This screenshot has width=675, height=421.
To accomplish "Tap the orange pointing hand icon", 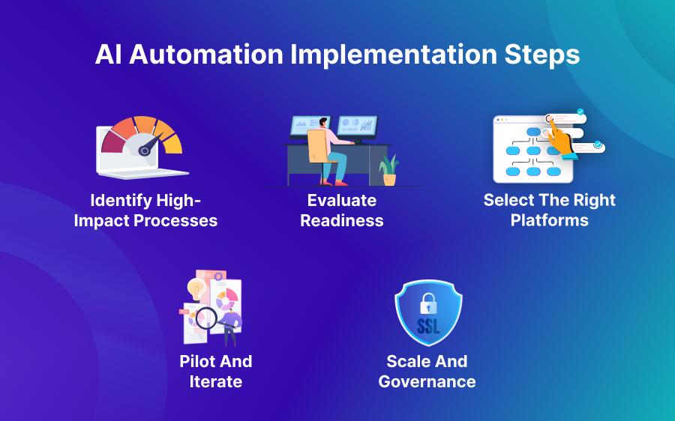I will [x=558, y=138].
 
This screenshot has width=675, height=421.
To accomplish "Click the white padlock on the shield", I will [x=428, y=303].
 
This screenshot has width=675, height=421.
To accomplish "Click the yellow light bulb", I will [x=196, y=288].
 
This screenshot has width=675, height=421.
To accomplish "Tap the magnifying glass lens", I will [x=206, y=319].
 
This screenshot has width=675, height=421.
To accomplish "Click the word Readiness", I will [x=342, y=221].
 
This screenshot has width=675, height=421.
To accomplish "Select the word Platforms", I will [x=550, y=221].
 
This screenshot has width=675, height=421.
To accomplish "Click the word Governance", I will [x=427, y=381].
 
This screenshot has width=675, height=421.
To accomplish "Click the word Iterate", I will [x=216, y=381].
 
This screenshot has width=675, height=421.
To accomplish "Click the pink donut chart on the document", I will [x=226, y=300].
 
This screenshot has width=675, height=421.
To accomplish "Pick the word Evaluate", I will [x=342, y=201].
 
